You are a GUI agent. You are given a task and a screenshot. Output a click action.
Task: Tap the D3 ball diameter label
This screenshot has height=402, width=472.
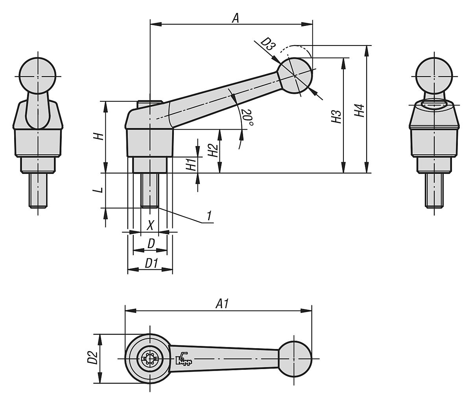pyautogui.click(x=267, y=44)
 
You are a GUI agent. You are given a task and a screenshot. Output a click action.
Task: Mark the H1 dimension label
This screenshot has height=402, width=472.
pyautogui.click(x=191, y=164)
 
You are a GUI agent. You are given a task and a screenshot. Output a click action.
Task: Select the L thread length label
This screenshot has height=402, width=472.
pyautogui.click(x=100, y=189)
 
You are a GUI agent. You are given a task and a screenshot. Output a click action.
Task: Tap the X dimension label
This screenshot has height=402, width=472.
pyautogui.click(x=150, y=226)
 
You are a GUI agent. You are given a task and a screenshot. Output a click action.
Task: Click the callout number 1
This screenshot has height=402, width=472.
pyautogui.click(x=210, y=216)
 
